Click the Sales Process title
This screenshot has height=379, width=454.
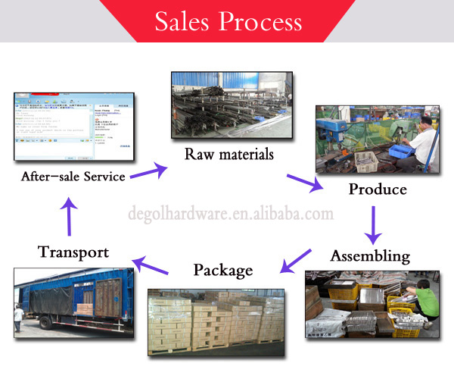pyautogui.click(x=227, y=21)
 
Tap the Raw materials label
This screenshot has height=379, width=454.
pyautogui.click(x=229, y=155)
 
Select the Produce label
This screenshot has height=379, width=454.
pyautogui.click(x=378, y=189)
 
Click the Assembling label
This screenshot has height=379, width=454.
pyautogui.click(x=370, y=255)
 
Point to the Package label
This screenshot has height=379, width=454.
pyautogui.click(x=222, y=270)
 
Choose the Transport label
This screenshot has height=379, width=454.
pyautogui.click(x=73, y=252)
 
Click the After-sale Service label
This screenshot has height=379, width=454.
pyautogui.click(x=73, y=177)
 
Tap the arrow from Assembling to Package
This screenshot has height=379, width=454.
pyautogui.click(x=296, y=260)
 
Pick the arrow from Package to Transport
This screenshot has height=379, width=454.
pyautogui.click(x=152, y=265)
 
